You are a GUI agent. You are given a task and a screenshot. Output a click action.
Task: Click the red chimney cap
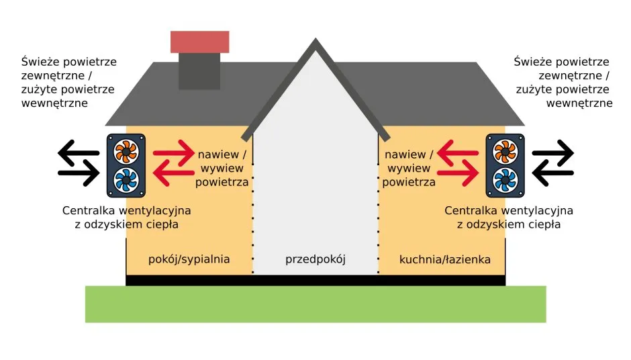[x=199, y=42]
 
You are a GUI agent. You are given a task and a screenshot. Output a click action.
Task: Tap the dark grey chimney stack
[x=199, y=71]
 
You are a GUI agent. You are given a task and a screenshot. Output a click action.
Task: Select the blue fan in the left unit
[x=126, y=180]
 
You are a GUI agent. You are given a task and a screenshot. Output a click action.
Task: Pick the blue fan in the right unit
[x=505, y=180]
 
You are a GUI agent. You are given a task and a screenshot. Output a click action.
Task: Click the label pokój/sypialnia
[x=189, y=259]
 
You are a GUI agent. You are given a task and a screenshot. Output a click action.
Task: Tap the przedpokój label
[x=315, y=259]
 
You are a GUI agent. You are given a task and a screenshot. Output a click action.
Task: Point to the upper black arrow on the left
[x=78, y=152]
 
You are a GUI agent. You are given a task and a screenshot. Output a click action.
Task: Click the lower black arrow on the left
[x=78, y=173]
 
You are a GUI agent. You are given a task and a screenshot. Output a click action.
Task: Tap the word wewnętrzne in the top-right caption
[x=579, y=103]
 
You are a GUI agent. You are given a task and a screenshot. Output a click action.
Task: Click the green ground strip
[x=315, y=304]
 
